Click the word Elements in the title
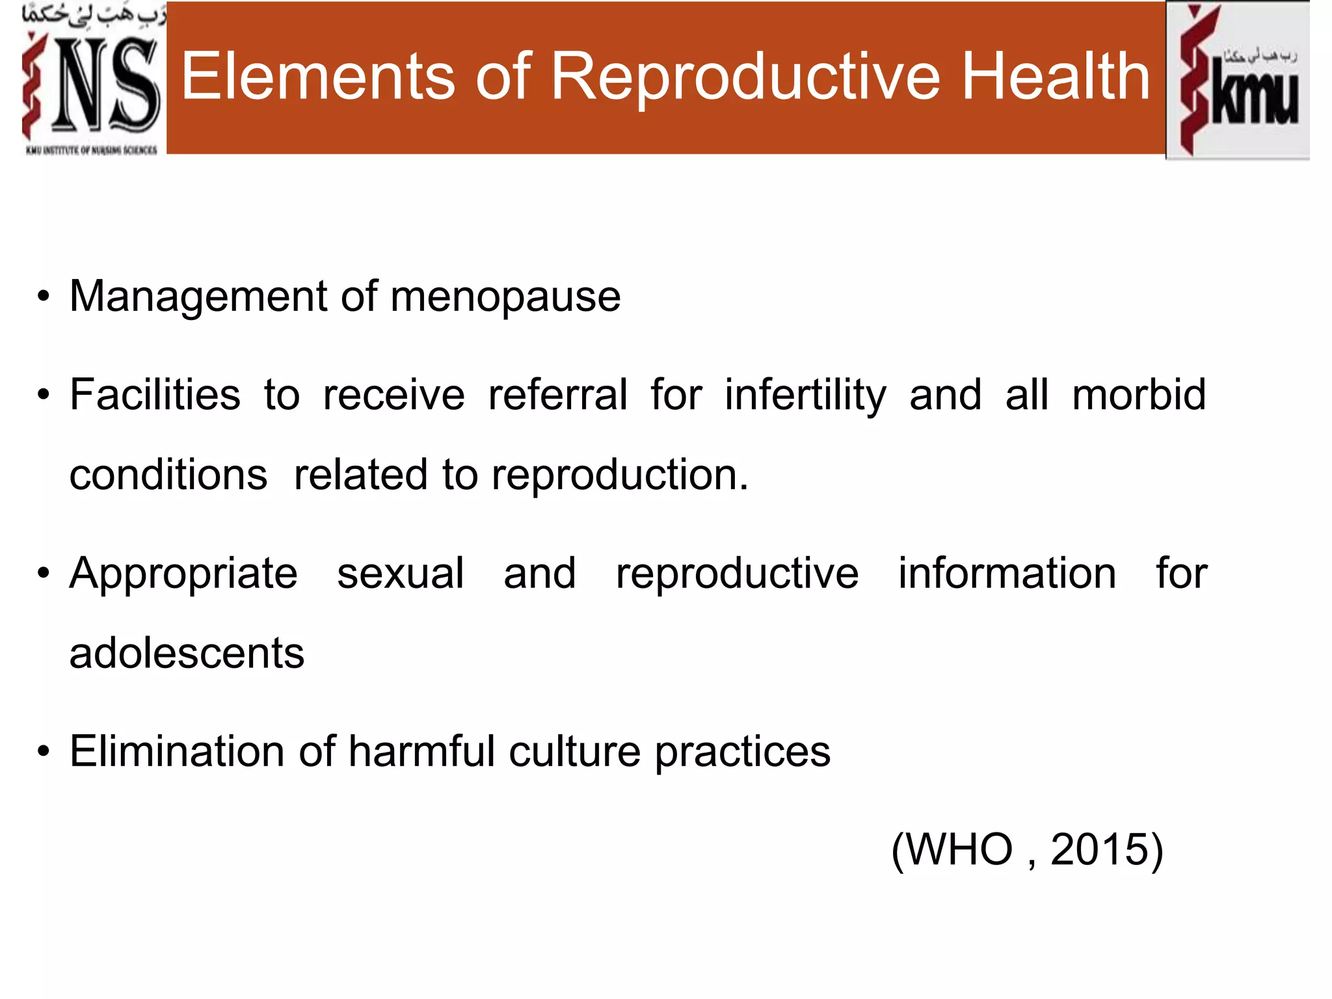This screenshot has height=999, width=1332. click(x=318, y=77)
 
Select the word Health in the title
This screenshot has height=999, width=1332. click(x=1056, y=77)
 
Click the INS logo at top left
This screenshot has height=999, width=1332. click(x=91, y=81)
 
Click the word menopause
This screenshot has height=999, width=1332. click(x=505, y=298)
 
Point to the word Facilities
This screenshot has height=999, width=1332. click(x=155, y=395)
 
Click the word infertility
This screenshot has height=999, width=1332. click(x=805, y=396)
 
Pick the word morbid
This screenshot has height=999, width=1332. click(x=1139, y=395)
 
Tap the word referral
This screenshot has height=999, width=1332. click(x=558, y=395)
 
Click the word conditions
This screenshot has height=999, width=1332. click(x=168, y=475)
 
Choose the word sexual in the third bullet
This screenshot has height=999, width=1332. click(x=401, y=574)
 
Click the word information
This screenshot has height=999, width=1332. click(x=1007, y=574)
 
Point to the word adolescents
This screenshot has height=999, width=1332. click(x=187, y=653)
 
